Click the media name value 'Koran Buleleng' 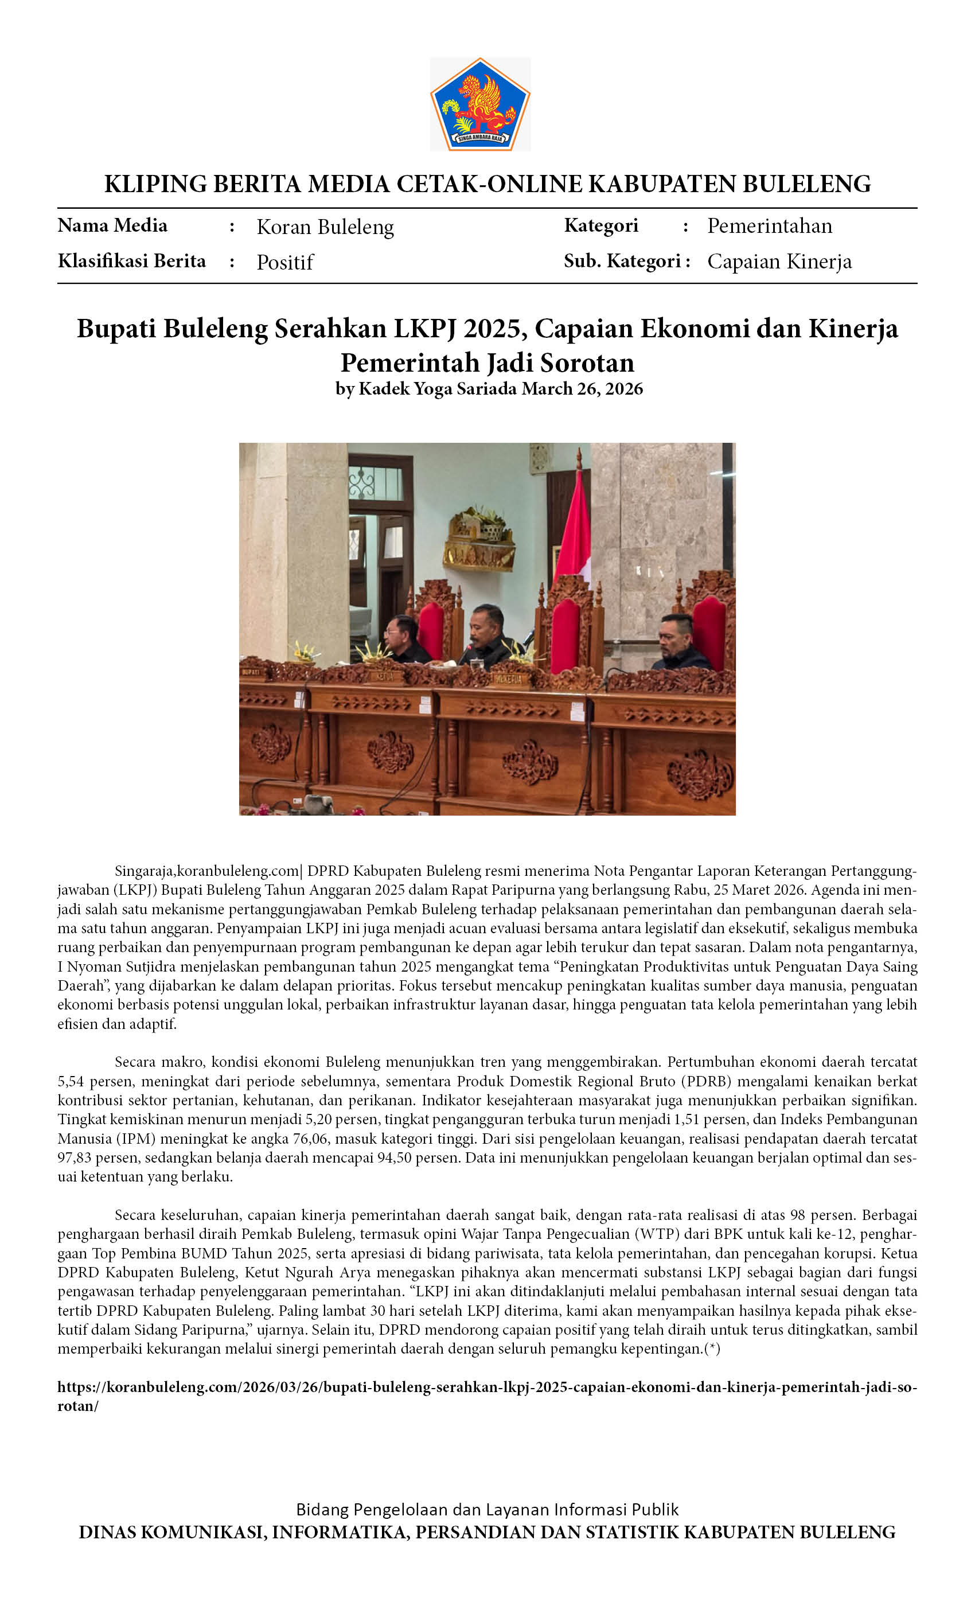[x=325, y=227]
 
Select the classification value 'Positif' [x=285, y=262]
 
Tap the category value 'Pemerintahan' [x=770, y=226]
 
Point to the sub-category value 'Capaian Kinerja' [x=779, y=262]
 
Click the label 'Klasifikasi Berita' [x=132, y=261]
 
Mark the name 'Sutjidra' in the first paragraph [x=153, y=966]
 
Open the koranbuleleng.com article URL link [x=487, y=1388]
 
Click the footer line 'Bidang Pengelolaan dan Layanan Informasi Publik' [x=487, y=1510]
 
